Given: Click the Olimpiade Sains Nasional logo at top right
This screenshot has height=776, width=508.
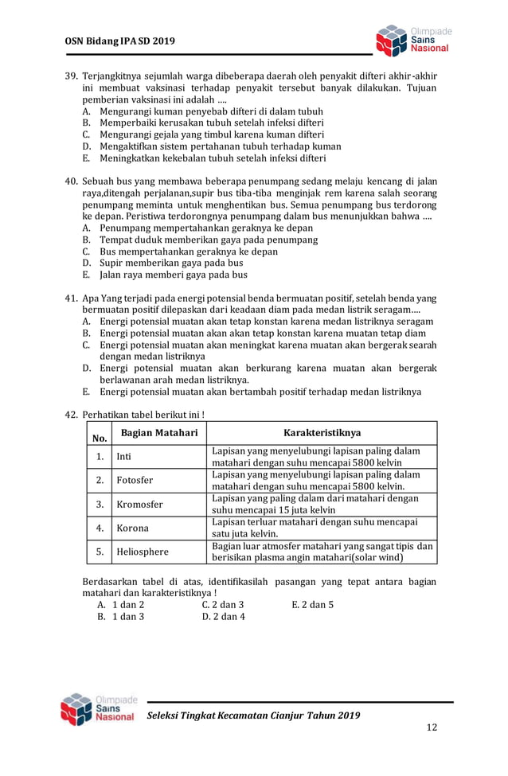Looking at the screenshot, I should click(412, 40).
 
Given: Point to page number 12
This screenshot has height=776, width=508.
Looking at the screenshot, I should click(432, 727).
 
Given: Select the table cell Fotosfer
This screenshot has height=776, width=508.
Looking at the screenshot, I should click(135, 481).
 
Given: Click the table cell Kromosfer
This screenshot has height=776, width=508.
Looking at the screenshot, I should click(139, 505).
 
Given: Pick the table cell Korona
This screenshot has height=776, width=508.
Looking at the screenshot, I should click(132, 528).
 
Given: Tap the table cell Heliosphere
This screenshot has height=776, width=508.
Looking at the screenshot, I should click(143, 552).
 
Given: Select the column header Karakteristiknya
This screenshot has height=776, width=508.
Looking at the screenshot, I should click(322, 432).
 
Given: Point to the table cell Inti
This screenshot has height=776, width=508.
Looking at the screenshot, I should click(123, 457).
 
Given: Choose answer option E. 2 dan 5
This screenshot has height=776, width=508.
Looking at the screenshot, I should click(313, 604).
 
